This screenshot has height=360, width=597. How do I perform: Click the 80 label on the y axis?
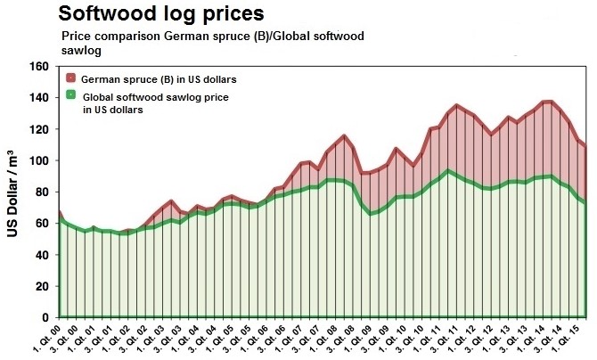[39, 192]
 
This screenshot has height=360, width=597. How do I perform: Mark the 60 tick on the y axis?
[39, 223]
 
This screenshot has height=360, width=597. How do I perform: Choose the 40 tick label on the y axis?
[39, 255]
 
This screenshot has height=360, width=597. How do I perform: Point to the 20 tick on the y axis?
[39, 286]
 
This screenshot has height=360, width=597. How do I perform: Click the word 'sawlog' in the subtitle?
[81, 52]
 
